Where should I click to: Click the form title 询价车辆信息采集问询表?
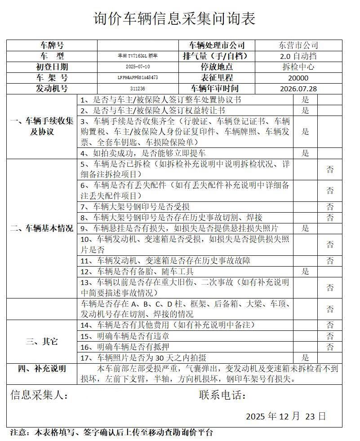tap(174, 19)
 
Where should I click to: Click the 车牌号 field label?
tap(52, 45)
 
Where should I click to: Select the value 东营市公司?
tap(298, 45)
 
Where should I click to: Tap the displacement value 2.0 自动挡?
tap(298, 57)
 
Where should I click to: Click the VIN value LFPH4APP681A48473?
tap(138, 78)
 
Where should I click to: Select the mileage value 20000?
tap(298, 78)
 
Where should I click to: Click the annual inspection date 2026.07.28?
tap(298, 89)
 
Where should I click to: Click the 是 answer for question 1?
tap(305, 100)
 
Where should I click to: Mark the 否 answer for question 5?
tap(330, 169)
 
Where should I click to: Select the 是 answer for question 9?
tap(305, 228)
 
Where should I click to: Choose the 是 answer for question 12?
tap(305, 272)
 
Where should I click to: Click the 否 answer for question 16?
tap(330, 347)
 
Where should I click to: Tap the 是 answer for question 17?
tap(305, 358)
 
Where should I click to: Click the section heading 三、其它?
tap(42, 341)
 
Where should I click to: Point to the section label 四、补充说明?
tap(42, 369)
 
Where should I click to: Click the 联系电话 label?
tap(222, 395)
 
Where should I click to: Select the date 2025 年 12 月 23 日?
tap(285, 416)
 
